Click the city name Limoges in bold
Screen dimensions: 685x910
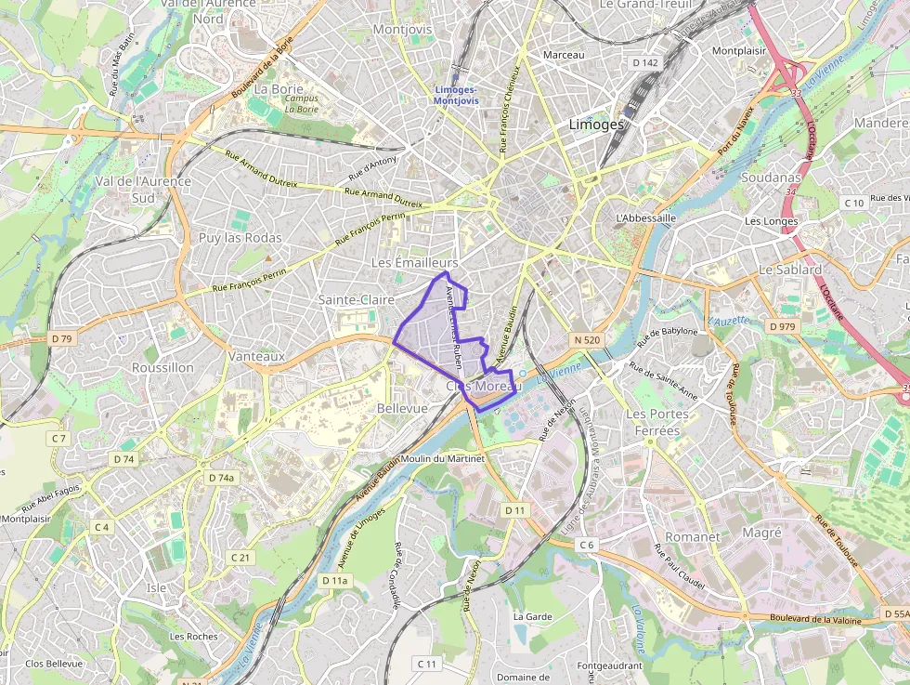(596, 125)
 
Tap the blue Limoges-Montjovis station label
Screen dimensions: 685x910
(457, 95)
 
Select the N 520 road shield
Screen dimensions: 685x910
(587, 340)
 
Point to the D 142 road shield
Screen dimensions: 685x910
(644, 63)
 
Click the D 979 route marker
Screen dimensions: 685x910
(783, 326)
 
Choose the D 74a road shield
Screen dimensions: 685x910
(221, 478)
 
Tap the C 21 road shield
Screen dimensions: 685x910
(240, 557)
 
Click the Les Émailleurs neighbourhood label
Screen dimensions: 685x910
(415, 263)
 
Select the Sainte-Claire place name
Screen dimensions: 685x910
(357, 299)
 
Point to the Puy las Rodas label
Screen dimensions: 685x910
(240, 238)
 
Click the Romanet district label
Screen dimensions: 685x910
(692, 537)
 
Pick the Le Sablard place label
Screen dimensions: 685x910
(790, 270)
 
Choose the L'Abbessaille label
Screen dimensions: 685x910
(645, 217)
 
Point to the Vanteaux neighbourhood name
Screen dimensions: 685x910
(256, 356)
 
